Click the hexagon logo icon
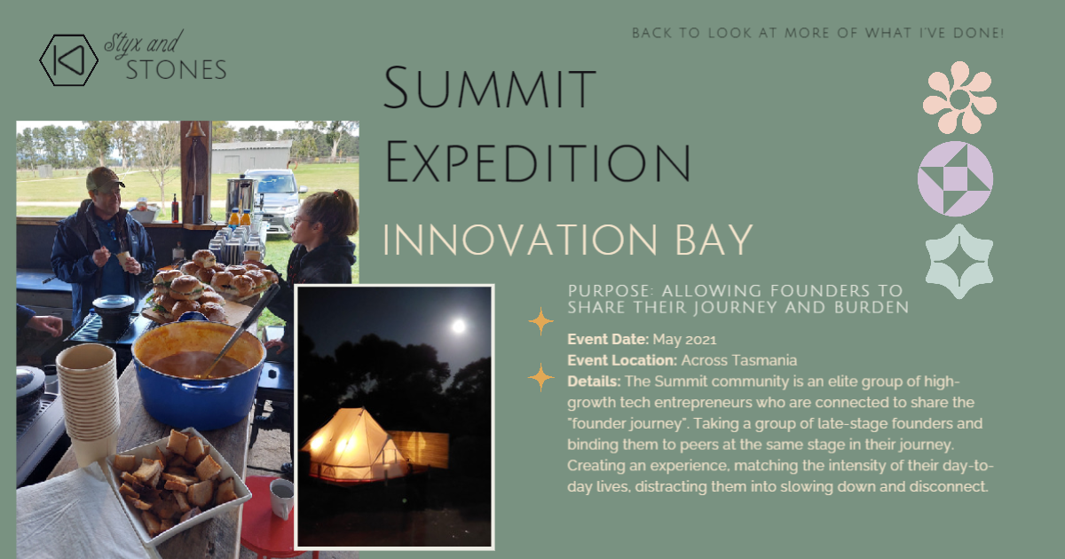point(68,60)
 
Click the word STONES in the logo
point(176,70)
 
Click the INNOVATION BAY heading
point(568,240)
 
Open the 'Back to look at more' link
point(817,34)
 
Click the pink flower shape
point(959,98)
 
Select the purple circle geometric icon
point(955,178)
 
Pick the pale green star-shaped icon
point(958,261)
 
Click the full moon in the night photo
point(458,327)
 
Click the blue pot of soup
point(198,373)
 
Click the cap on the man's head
point(104,178)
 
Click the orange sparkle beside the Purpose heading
point(540,321)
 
